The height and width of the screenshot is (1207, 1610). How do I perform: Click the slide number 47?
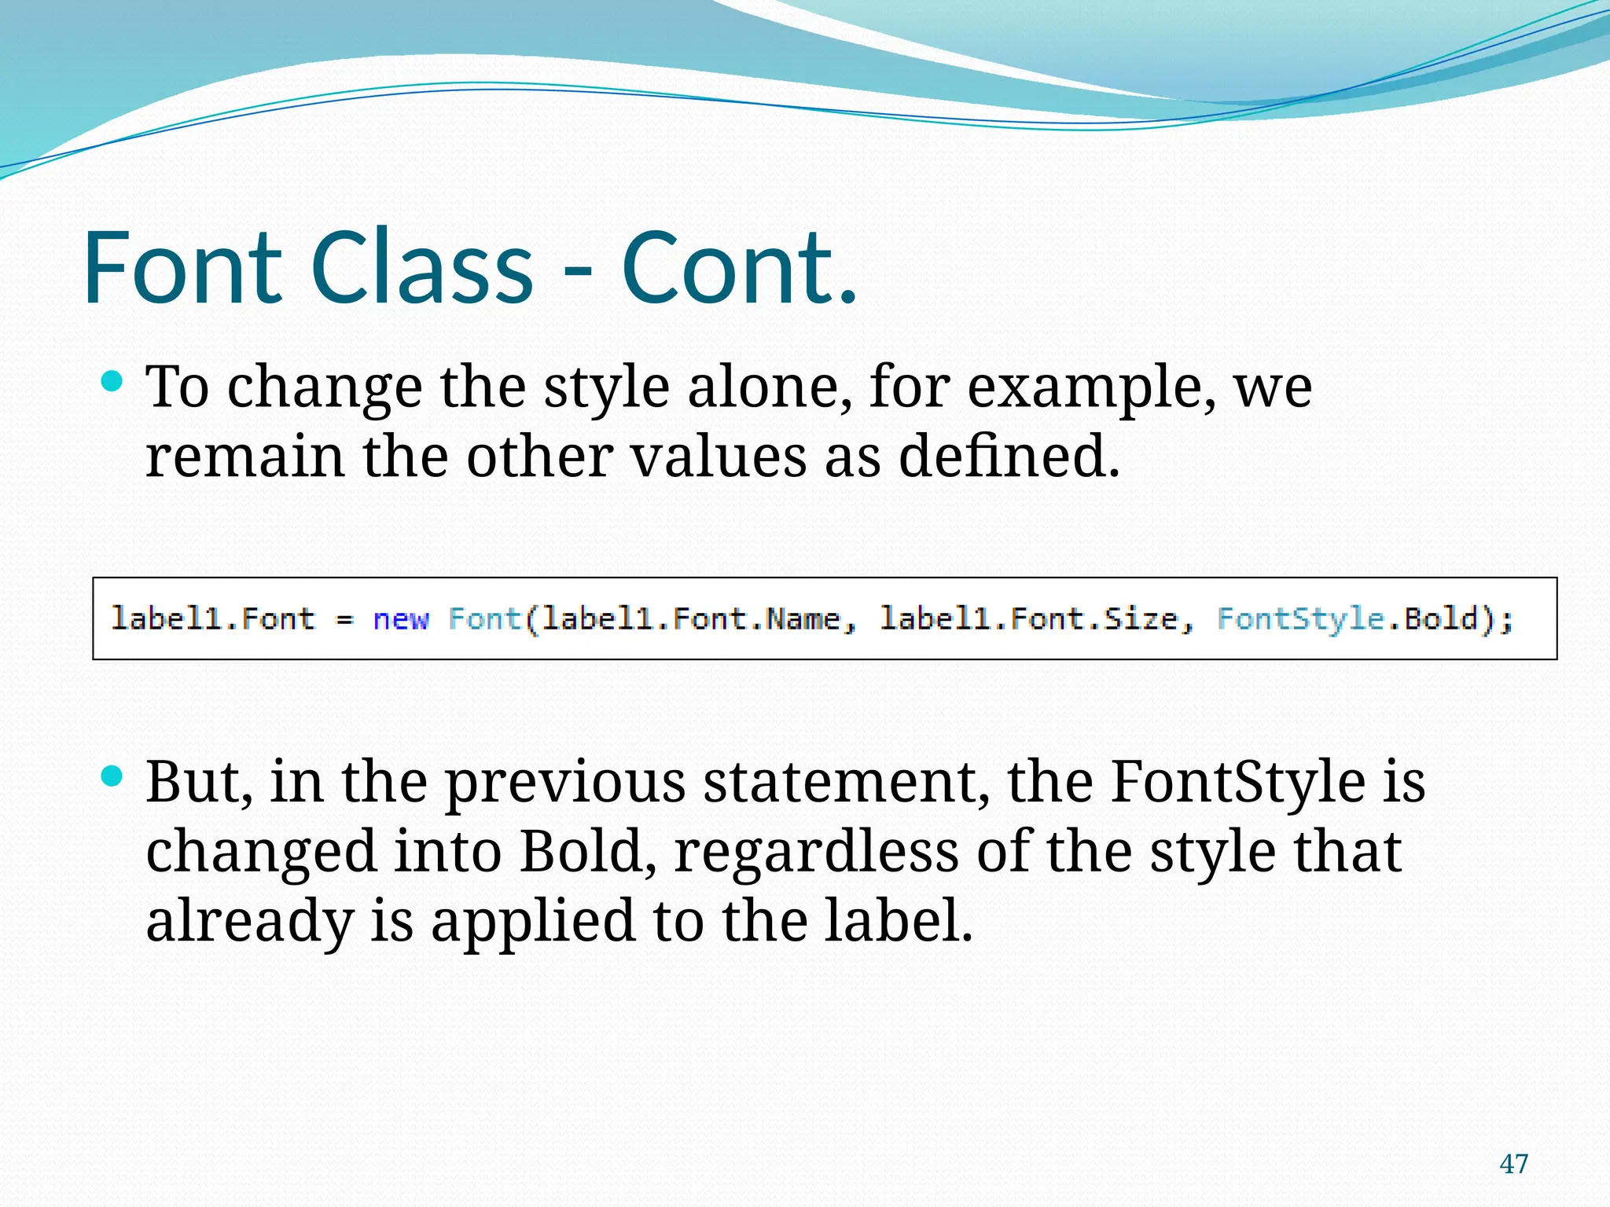[1514, 1164]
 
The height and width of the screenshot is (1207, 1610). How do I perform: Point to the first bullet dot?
[112, 383]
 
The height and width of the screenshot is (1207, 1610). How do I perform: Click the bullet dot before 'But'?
[112, 777]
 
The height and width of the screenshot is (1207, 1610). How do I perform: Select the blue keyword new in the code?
[401, 619]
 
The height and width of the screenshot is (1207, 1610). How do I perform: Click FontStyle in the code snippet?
[1300, 619]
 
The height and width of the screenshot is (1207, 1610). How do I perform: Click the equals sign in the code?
[344, 619]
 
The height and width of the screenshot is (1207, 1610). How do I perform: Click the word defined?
[1009, 457]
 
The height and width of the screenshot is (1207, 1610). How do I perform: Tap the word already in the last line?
[250, 921]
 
